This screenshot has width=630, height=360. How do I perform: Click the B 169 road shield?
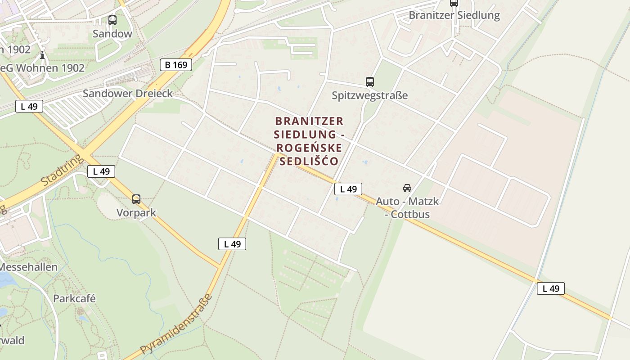[x=176, y=65]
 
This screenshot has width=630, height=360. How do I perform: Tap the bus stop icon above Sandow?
[x=112, y=20]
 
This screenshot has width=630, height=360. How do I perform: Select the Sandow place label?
[x=112, y=34]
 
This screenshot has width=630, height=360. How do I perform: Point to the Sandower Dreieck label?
[x=128, y=94]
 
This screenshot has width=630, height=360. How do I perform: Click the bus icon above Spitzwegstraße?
[x=370, y=82]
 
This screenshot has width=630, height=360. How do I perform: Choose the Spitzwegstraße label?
[x=370, y=95]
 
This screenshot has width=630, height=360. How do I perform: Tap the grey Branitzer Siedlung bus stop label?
[x=454, y=15]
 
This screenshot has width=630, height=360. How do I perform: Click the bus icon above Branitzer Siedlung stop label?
[x=454, y=3]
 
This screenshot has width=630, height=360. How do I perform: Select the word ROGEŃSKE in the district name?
[x=309, y=148]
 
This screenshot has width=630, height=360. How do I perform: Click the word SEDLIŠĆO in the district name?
[x=309, y=161]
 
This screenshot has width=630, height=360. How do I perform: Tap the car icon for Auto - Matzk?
[x=407, y=188]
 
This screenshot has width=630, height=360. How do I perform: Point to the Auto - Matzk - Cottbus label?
[x=407, y=207]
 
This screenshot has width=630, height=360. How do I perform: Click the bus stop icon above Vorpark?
[x=136, y=199]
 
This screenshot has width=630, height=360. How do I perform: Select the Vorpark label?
[x=136, y=213]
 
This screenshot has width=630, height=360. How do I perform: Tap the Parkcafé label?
[x=74, y=299]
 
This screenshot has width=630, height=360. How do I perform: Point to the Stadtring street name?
[x=62, y=171]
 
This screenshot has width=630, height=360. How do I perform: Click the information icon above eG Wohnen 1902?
[x=42, y=55]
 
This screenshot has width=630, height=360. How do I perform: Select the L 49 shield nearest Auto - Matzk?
[x=348, y=189]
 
